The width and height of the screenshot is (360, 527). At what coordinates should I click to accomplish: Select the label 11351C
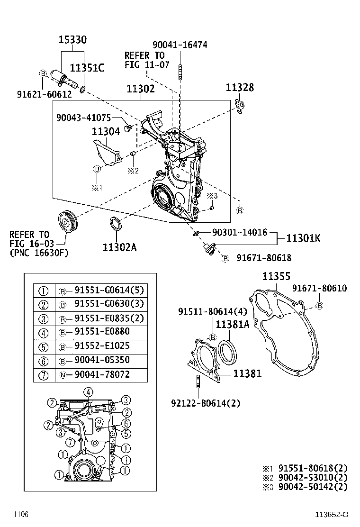(x=87, y=68)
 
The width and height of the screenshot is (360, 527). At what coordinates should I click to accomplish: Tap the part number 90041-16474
(x=180, y=45)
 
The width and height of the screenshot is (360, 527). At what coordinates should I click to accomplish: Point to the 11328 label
(x=239, y=87)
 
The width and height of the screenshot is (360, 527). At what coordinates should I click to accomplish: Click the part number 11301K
(x=303, y=238)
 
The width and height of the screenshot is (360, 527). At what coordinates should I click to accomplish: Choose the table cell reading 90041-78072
(x=102, y=374)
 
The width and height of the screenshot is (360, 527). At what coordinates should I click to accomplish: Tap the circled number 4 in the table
(x=43, y=332)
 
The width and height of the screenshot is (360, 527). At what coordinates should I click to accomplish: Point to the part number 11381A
(x=232, y=325)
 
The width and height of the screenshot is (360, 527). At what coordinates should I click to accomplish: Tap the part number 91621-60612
(x=44, y=94)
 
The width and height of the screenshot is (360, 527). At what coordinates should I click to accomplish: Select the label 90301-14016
(x=239, y=232)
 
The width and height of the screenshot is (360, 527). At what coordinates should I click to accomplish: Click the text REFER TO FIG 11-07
(x=147, y=60)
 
